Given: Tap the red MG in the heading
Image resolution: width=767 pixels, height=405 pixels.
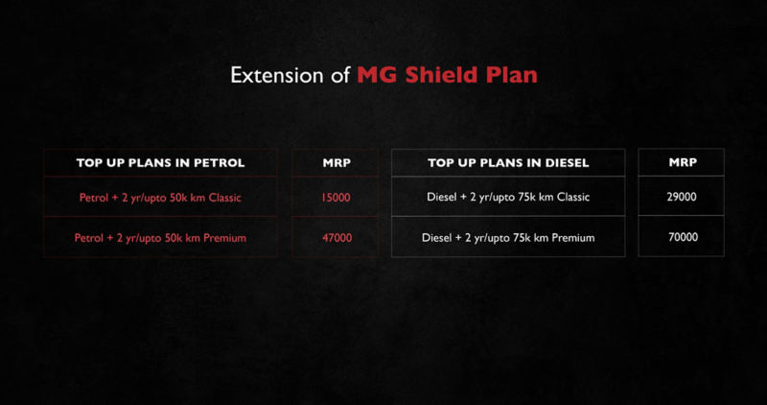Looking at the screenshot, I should click(376, 75).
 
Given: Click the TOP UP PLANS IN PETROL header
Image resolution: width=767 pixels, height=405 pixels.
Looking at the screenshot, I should click(160, 163).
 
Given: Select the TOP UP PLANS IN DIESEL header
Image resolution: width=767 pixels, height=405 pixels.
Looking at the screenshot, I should click(508, 163).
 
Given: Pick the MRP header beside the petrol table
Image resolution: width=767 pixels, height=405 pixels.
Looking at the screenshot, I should click(337, 163).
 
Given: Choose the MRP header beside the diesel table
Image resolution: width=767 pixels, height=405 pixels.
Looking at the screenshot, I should click(682, 163).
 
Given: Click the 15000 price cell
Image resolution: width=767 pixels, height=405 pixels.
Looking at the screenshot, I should click(337, 198).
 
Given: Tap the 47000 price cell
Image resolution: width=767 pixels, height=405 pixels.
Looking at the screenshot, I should click(337, 237).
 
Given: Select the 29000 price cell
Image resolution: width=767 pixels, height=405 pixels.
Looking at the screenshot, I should click(682, 197).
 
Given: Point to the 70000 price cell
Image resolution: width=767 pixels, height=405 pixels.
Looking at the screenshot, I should click(682, 237).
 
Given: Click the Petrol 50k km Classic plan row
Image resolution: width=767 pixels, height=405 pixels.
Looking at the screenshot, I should click(160, 198).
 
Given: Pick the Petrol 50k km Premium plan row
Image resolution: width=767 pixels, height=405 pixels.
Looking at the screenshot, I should click(160, 237).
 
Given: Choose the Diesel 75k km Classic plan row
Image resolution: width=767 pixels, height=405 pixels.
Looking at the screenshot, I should click(508, 198).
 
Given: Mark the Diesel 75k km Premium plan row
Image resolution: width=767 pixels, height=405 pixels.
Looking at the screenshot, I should click(508, 237).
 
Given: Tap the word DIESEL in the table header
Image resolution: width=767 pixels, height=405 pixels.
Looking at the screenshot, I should click(565, 163).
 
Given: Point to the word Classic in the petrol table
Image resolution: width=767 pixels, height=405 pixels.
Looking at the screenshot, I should click(221, 198).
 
